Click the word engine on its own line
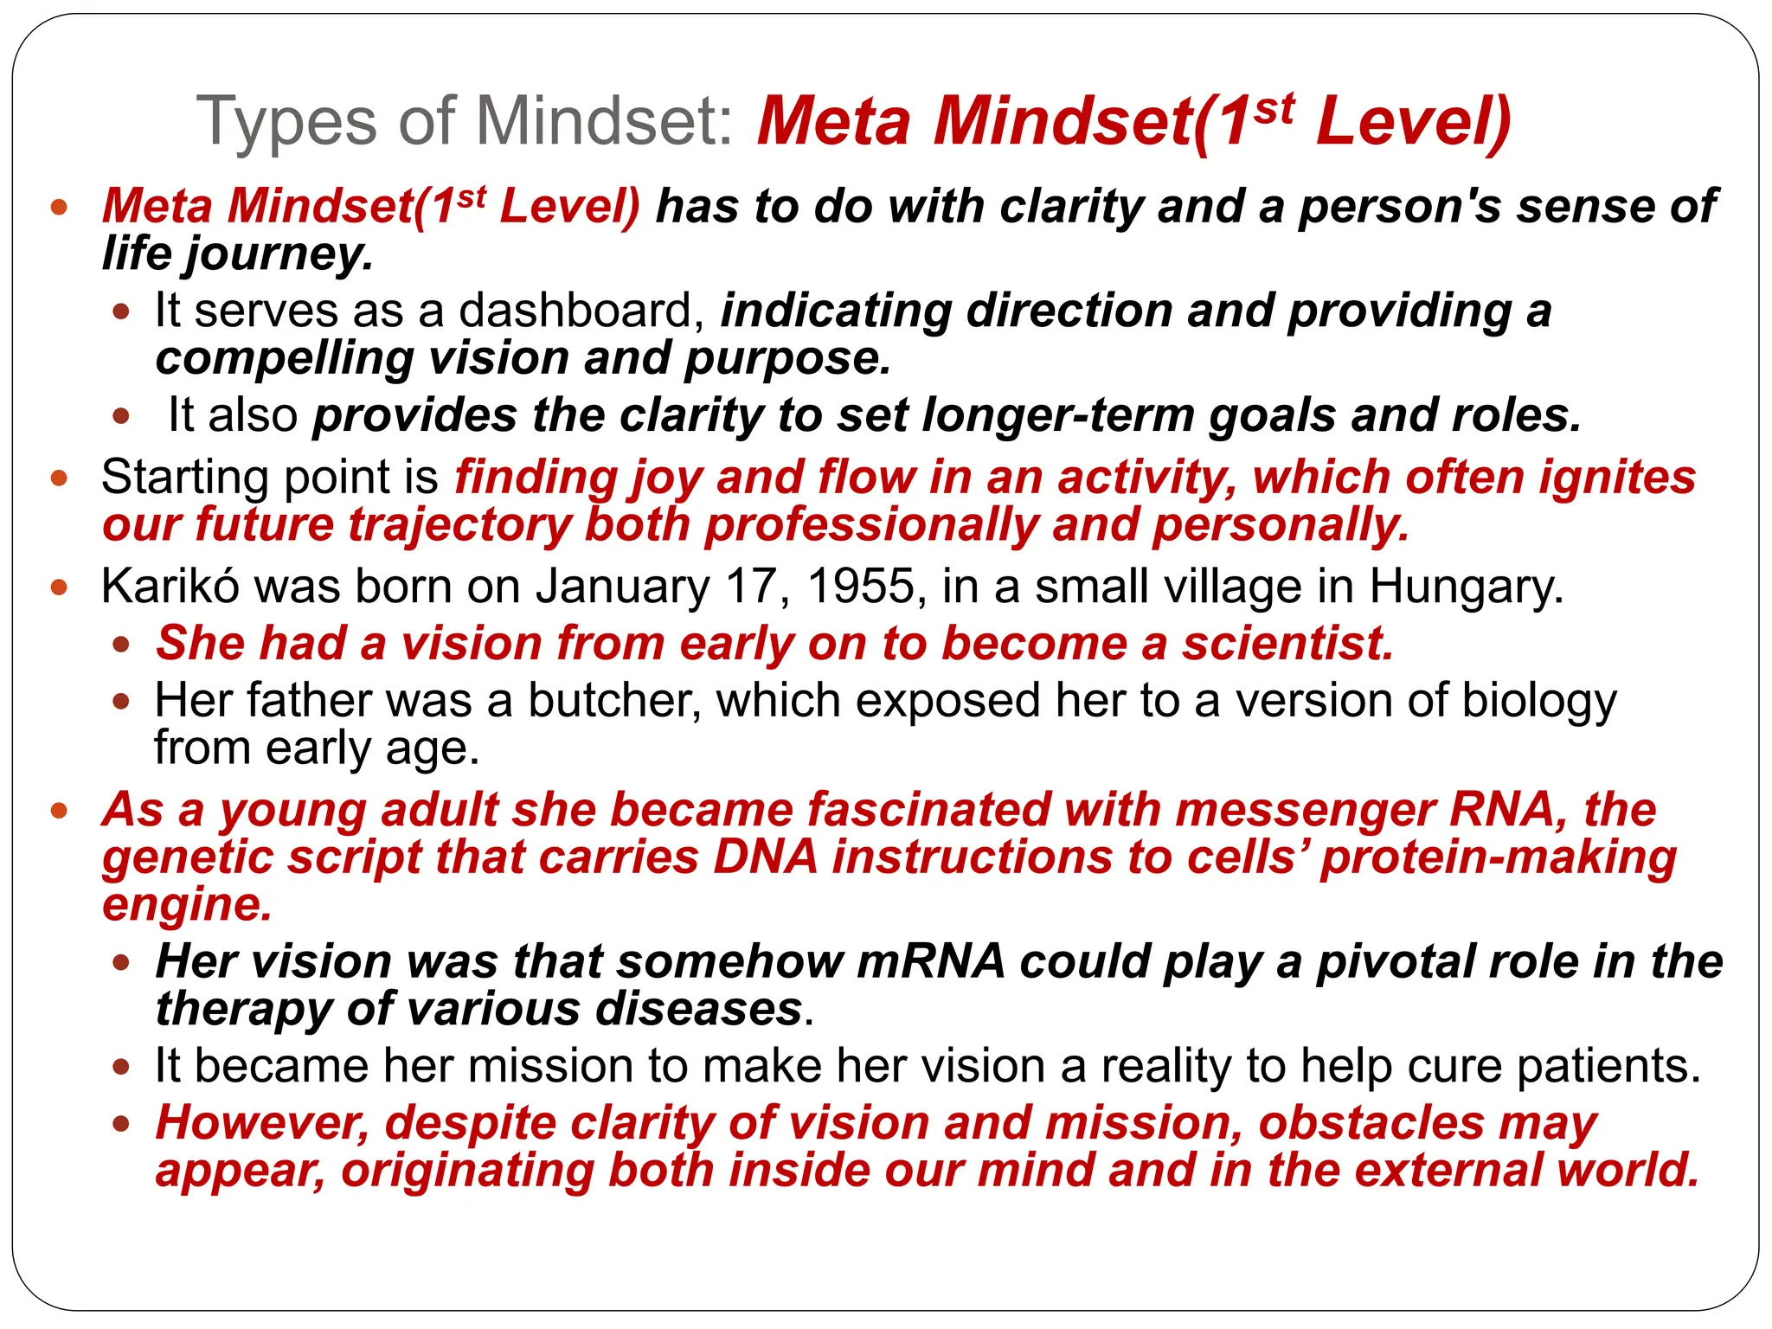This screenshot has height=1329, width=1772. tap(187, 905)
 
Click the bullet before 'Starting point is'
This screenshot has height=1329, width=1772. tap(59, 478)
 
